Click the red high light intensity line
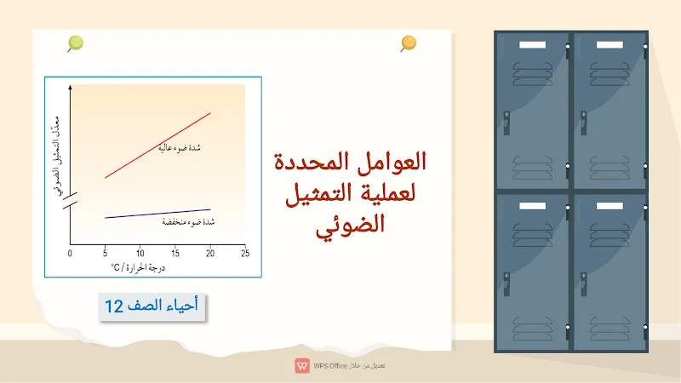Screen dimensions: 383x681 157,145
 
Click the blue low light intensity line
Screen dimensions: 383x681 157,214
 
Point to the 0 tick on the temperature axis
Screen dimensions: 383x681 71,253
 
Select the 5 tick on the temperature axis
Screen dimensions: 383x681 105,253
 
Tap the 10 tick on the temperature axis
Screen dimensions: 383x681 140,253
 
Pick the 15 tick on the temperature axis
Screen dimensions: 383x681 175,253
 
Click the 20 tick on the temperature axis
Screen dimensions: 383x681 210,253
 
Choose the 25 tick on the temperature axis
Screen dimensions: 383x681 245,253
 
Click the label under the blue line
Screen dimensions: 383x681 188,222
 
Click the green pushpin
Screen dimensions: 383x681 76,42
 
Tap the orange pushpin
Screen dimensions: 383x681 409,42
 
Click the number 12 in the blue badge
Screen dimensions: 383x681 115,307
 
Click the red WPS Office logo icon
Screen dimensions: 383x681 301,365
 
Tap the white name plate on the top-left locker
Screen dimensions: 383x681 531,44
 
